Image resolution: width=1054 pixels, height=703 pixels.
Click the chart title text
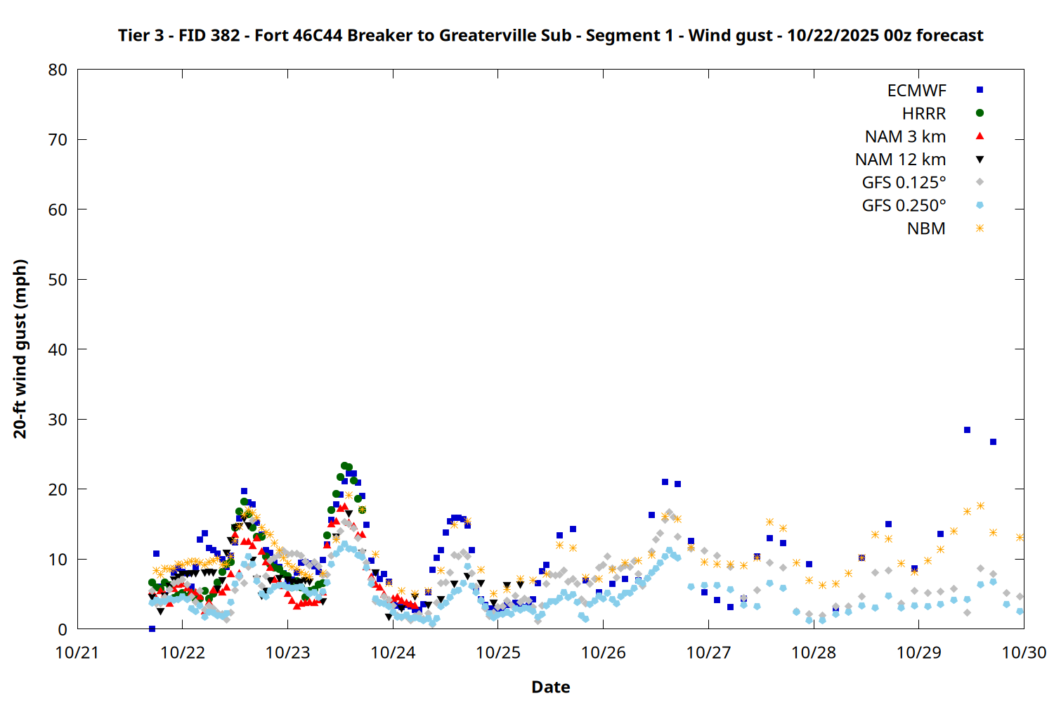click(x=550, y=35)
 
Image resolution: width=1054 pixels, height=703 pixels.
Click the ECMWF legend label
click(x=916, y=91)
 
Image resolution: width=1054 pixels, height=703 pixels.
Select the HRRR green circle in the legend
click(x=980, y=113)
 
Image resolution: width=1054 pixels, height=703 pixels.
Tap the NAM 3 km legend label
click(x=905, y=136)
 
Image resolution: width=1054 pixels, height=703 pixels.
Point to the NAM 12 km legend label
click(x=900, y=160)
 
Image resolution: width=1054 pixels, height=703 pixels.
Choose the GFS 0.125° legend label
click(x=904, y=183)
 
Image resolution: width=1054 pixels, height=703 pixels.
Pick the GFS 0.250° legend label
click(x=904, y=206)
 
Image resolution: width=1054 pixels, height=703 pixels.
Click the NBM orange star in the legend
click(x=980, y=228)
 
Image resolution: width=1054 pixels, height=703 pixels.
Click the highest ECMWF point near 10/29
click(x=967, y=430)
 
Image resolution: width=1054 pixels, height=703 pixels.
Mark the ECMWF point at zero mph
click(x=152, y=628)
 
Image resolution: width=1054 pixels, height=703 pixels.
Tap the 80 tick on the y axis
click(x=58, y=70)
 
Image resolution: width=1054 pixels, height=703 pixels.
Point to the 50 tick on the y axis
click(x=58, y=279)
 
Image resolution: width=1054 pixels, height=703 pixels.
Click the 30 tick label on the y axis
click(x=58, y=419)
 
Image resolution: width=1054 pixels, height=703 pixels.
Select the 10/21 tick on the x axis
click(x=77, y=652)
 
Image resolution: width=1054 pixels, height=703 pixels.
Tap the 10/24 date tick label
click(x=393, y=652)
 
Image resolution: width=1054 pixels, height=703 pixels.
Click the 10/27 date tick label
click(x=708, y=652)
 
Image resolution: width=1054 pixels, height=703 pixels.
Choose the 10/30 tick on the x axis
click(x=1024, y=652)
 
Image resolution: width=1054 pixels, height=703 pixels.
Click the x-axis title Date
click(x=550, y=687)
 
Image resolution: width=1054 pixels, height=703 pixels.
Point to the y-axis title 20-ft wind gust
click(x=20, y=349)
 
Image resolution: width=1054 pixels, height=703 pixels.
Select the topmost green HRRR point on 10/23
click(x=344, y=465)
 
